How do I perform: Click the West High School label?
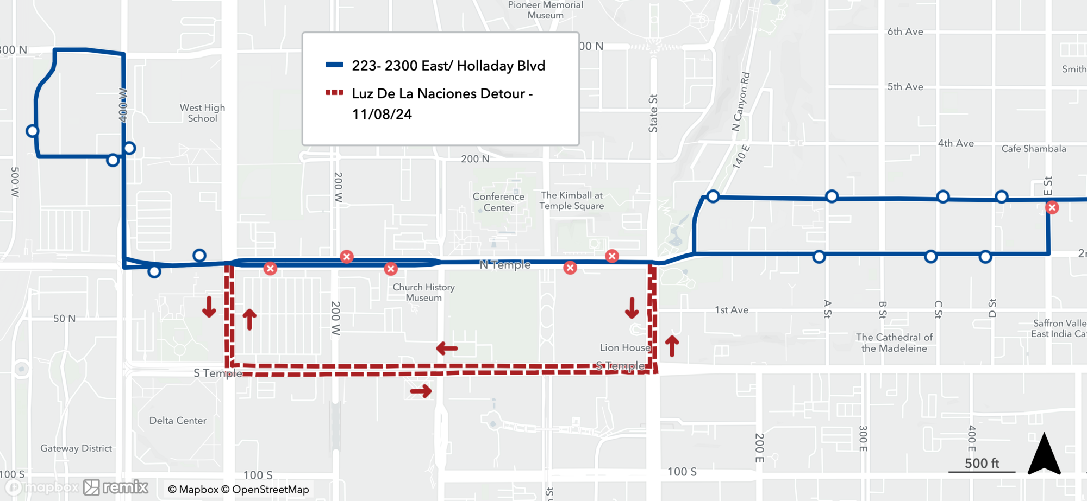[x=202, y=113]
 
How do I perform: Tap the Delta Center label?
[x=178, y=421]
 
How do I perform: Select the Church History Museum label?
[x=423, y=292]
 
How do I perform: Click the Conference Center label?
[x=498, y=202]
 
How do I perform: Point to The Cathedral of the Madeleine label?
[x=894, y=343]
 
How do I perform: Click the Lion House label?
[x=625, y=347]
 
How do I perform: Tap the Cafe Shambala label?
[x=1033, y=149]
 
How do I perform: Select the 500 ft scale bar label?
[x=982, y=463]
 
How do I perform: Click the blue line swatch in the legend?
[x=334, y=65]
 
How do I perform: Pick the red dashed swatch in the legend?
[x=334, y=93]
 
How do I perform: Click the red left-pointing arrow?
[x=447, y=348]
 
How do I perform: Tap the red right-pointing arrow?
[x=421, y=391]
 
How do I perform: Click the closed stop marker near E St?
[x=1052, y=207]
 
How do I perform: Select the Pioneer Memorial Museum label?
[x=545, y=10]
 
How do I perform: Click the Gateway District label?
[x=76, y=448]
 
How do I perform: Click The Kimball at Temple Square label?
[x=572, y=200]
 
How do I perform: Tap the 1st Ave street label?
[x=732, y=310]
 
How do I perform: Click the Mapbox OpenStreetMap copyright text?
[x=238, y=490]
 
